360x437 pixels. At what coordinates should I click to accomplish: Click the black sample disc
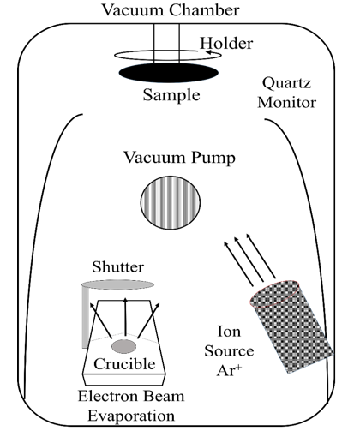point(169,73)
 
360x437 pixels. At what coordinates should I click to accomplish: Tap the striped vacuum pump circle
point(171,202)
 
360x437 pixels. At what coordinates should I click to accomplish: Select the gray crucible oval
point(123,346)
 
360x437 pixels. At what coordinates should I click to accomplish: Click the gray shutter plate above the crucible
point(117,284)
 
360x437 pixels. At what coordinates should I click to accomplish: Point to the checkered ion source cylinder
point(291,326)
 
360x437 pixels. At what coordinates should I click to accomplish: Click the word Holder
point(226,44)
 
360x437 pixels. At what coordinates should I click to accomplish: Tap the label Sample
point(171,95)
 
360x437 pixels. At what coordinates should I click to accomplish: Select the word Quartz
point(286,83)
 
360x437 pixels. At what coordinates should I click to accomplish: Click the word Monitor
point(287,103)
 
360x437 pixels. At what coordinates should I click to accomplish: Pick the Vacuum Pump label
point(179,158)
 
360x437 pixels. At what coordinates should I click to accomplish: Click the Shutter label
point(117,266)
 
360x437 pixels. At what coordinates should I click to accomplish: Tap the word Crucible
point(124,363)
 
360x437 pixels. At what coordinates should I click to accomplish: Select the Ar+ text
point(229,370)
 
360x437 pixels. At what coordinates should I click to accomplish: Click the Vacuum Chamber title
point(171,10)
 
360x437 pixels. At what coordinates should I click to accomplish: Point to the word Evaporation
point(131,416)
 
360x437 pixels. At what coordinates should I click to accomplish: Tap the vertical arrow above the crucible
point(125,319)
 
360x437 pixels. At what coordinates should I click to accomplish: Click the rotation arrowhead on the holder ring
point(209,52)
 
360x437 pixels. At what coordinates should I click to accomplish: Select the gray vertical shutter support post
point(86,318)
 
